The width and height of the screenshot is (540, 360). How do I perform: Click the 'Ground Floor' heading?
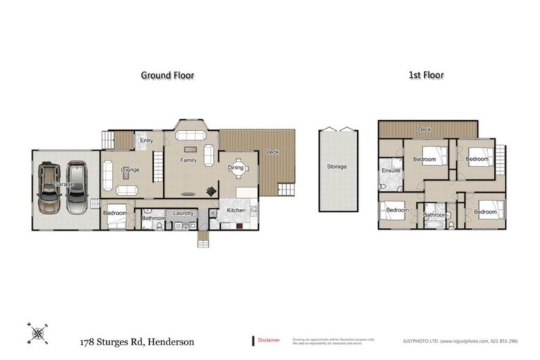coord(167,75)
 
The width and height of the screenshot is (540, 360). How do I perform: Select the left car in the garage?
coord(49,188)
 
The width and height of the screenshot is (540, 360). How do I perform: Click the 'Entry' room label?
coord(146,141)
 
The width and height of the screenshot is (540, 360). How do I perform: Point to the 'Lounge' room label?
coord(130,169)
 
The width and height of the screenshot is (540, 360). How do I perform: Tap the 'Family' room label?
coord(188,160)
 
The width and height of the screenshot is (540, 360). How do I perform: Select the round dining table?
coord(236,167)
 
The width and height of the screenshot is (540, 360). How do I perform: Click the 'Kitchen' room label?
coord(236,210)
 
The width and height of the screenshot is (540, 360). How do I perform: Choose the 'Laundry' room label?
coord(184,212)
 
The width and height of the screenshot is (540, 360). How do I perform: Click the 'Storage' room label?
coord(336,167)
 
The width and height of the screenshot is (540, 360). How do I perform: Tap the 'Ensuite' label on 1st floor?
coord(390,171)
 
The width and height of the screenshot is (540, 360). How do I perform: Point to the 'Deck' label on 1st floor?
coord(424,130)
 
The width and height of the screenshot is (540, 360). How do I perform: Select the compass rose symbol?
coord(37,332)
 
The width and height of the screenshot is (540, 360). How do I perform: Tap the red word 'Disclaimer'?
coord(269,340)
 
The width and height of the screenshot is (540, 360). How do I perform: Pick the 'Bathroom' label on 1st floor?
coord(435,215)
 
